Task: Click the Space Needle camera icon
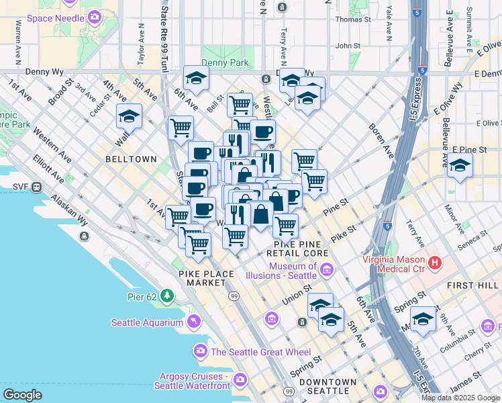tap(95, 16)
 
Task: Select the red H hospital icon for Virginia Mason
tap(435, 262)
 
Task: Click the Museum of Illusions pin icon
tap(327, 271)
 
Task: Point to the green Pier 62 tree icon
tap(166, 295)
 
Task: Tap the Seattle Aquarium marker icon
tap(194, 322)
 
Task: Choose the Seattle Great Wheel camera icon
tap(200, 351)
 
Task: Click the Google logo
tap(22, 394)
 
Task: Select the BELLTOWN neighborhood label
tap(131, 160)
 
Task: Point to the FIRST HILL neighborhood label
tap(473, 285)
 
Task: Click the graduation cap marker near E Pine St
tap(460, 165)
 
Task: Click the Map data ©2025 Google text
tap(460, 398)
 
